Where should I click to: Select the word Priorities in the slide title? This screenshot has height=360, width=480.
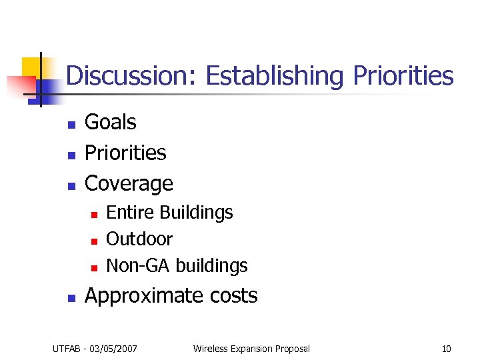[x=403, y=76]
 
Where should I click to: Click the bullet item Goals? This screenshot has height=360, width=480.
[x=111, y=123]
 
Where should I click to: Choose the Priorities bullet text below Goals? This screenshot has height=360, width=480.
[x=125, y=153]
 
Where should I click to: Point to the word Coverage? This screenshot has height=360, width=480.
[x=129, y=183]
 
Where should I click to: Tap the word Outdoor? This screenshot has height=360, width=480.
[x=139, y=239]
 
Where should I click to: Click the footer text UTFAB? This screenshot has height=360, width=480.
[x=67, y=349]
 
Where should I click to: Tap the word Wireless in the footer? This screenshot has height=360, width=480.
[x=211, y=349]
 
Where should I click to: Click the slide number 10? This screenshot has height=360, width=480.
[x=446, y=349]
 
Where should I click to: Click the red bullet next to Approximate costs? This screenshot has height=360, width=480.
[x=71, y=297]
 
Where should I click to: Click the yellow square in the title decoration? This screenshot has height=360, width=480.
[x=31, y=67]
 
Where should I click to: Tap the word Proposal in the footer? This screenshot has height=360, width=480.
[x=289, y=349]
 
